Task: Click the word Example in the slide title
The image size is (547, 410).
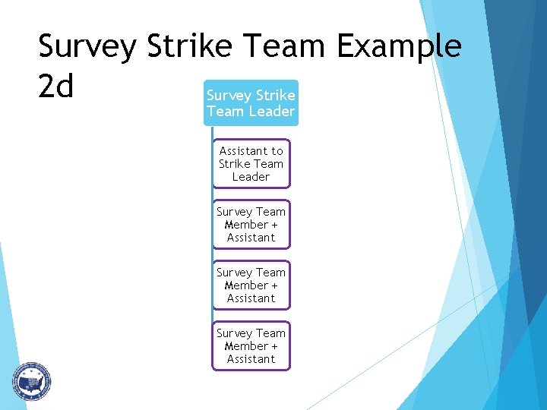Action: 399,46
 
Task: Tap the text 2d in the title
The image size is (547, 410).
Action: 56,87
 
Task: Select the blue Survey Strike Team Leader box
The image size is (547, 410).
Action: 251,103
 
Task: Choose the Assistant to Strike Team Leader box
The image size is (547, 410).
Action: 251,163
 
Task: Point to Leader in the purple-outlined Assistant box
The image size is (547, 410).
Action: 251,177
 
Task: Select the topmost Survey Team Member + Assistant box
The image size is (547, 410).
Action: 251,224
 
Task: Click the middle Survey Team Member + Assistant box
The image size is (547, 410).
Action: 251,285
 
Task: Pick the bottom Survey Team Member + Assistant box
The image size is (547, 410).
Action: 251,345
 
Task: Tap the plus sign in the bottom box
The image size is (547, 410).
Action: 273,346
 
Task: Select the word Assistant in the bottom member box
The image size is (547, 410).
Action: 251,359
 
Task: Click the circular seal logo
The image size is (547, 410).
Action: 30,381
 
